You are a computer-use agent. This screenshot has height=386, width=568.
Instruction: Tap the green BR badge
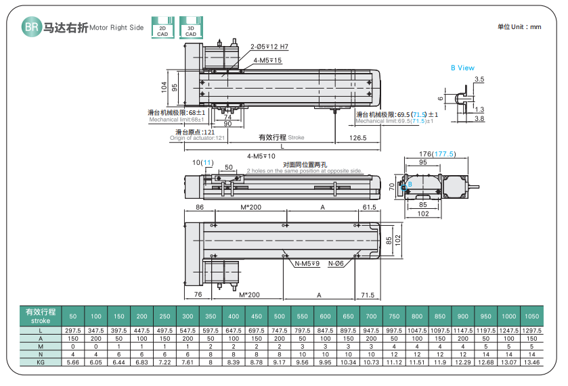(x=30, y=27)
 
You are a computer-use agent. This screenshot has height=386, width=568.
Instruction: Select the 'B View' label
(x=462, y=68)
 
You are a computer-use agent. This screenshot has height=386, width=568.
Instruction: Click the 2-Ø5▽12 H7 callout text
(x=269, y=47)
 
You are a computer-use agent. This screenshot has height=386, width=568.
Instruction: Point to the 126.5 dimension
(x=358, y=138)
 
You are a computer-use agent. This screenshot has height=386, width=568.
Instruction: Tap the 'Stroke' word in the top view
(x=297, y=137)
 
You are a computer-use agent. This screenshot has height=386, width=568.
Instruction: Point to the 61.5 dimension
(x=369, y=207)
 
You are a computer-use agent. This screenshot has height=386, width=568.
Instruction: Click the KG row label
(x=40, y=362)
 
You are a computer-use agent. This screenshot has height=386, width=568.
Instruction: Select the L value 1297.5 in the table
(x=531, y=330)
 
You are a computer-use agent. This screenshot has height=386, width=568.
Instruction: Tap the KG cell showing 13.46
(x=531, y=362)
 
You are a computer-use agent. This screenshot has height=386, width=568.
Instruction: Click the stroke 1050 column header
(x=531, y=316)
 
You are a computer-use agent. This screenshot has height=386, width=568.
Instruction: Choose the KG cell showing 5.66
(x=72, y=362)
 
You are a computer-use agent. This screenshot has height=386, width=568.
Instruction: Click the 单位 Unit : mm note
(x=519, y=27)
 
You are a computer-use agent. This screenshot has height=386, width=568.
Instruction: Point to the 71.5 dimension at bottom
(x=368, y=295)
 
